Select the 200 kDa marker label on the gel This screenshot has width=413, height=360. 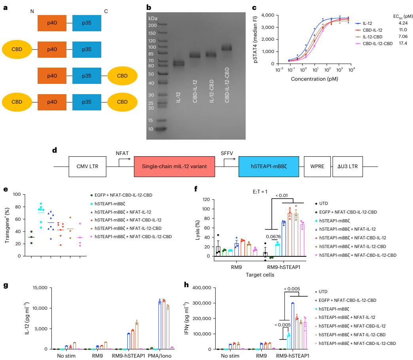(152, 25)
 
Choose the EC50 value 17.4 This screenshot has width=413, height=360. (403, 43)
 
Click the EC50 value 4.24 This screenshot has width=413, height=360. (403, 23)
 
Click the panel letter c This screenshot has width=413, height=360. (254, 7)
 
